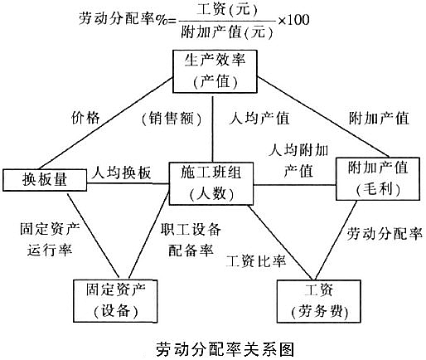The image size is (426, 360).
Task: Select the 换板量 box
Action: (36, 178)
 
